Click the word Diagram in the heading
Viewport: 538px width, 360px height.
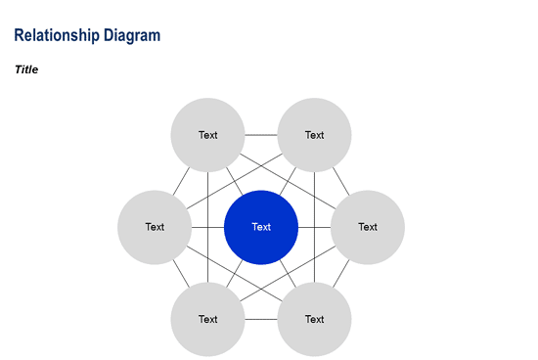click(130, 35)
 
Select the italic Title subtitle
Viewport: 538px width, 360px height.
click(26, 69)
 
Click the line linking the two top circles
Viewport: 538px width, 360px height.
click(261, 135)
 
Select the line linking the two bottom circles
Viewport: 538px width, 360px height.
click(261, 319)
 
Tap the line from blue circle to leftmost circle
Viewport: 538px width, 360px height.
click(207, 227)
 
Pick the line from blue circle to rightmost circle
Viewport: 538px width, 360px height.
click(314, 227)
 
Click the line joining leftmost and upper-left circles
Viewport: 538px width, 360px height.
click(181, 180)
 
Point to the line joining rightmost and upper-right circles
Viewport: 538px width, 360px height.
click(340, 180)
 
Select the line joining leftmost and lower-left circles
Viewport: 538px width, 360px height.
click(181, 274)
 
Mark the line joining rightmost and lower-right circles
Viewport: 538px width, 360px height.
click(340, 274)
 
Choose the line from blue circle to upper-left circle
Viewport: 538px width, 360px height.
click(235, 183)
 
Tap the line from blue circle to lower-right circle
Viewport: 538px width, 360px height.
click(288, 273)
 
